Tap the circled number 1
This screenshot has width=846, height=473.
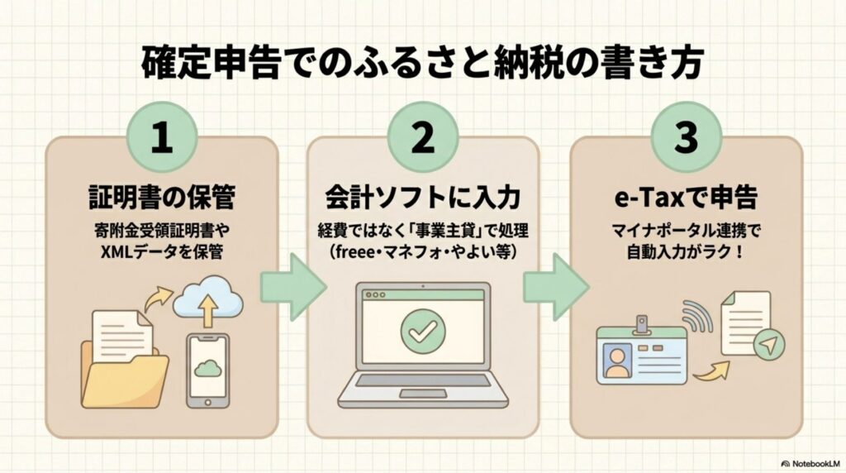pos(163,140)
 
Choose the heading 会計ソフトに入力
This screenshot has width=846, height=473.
pos(422,198)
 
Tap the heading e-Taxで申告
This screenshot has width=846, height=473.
pos(686,198)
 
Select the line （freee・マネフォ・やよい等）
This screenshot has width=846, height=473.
pos(422,251)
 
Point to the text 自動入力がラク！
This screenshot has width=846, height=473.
pos(686,251)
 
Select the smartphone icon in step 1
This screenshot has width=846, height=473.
pos(207,367)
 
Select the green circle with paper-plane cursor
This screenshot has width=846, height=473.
pos(768,346)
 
